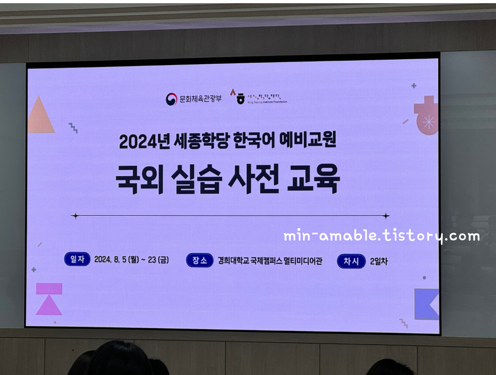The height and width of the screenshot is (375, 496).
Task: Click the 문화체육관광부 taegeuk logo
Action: [171, 99]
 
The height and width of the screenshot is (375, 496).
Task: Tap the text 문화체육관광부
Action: [200, 98]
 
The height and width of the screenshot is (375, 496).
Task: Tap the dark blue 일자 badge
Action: [77, 259]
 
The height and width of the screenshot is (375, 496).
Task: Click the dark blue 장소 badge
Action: [200, 260]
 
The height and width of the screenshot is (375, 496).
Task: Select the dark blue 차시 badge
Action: [351, 261]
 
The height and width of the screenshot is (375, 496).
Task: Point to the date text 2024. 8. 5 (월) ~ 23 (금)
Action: [131, 260]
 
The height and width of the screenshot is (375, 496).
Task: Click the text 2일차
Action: [379, 261]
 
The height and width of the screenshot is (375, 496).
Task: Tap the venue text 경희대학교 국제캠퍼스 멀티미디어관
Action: [270, 261]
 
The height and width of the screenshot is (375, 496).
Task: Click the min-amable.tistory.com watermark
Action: [381, 236]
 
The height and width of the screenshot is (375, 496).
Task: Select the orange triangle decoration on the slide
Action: [40, 117]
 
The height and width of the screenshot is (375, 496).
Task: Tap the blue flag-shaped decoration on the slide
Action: [426, 304]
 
